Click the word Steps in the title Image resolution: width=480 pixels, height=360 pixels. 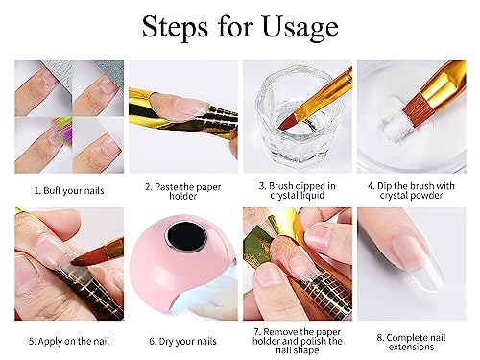point(180,28)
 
